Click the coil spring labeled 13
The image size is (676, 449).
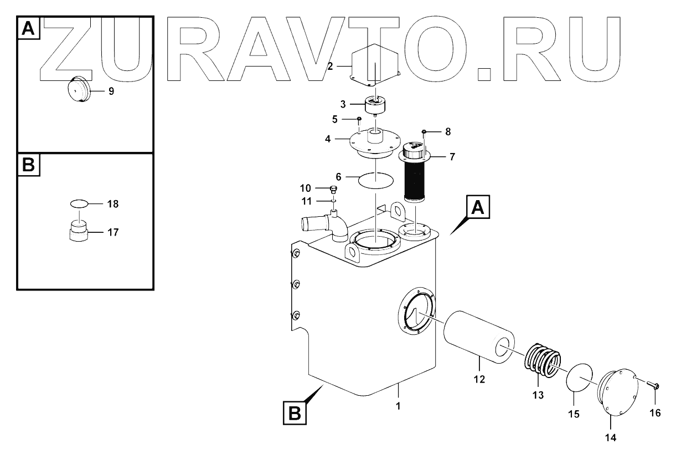[x=541, y=364]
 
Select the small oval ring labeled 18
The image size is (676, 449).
[x=79, y=204]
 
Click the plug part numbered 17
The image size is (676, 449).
[x=78, y=230]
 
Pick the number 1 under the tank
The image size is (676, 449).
[x=398, y=406]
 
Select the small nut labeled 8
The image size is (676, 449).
[x=425, y=131]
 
